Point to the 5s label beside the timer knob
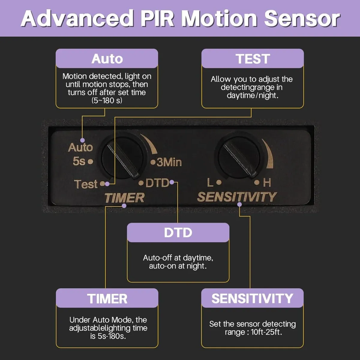coord(79,161)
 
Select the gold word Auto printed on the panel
coord(80,147)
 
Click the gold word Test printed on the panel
coord(86,184)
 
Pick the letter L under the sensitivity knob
coord(210,182)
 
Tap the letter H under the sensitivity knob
coord(267,182)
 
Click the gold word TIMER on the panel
coord(124,198)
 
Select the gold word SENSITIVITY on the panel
coord(237,197)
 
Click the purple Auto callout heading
coord(107,59)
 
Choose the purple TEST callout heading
coord(253,59)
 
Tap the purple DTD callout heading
coord(178,233)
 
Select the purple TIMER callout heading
coord(107,299)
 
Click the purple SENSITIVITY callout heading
coord(252,298)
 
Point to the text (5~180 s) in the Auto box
coord(107,100)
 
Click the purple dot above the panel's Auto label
coord(82,140)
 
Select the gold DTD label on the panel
coord(157,183)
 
